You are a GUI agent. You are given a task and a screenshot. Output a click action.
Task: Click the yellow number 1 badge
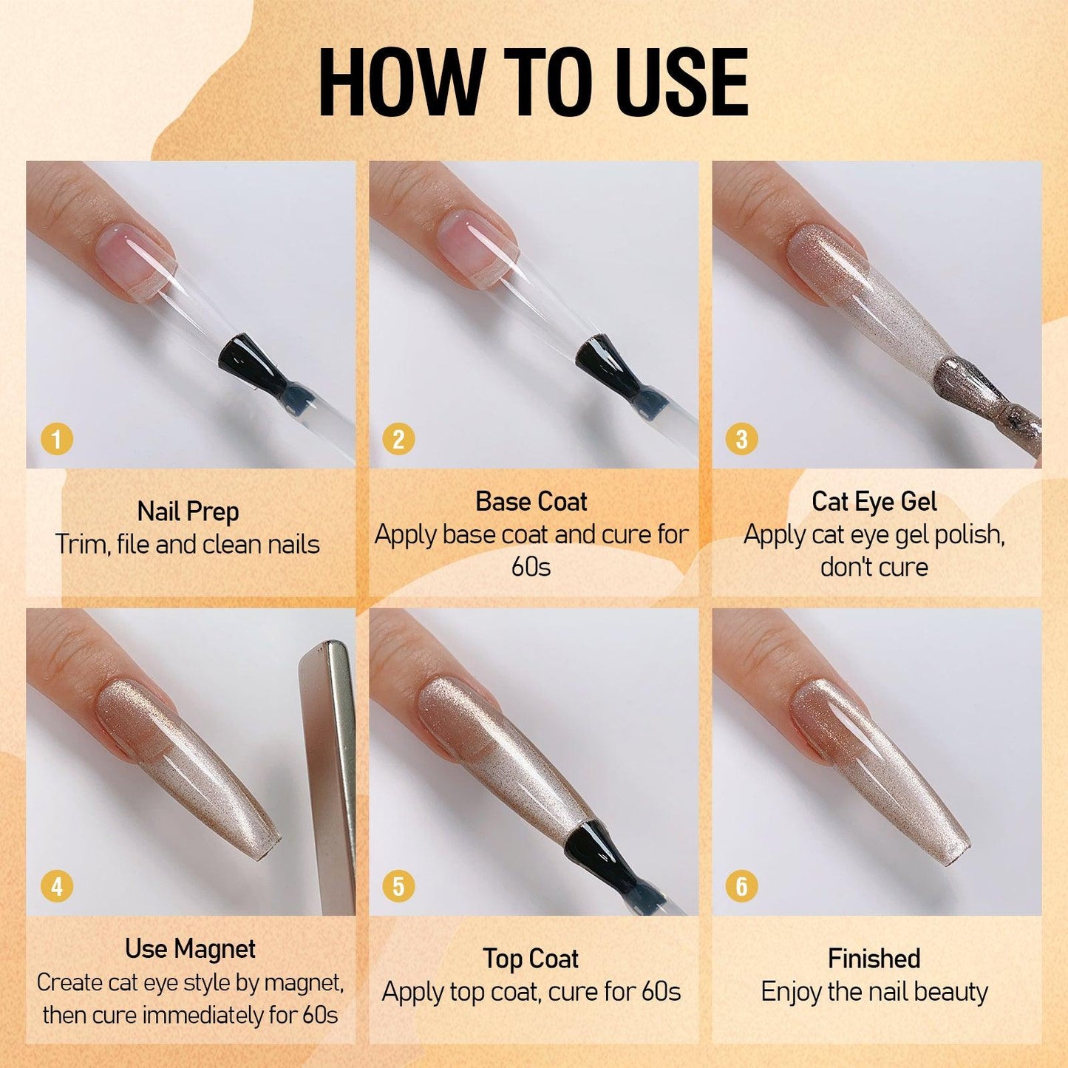tap(56, 440)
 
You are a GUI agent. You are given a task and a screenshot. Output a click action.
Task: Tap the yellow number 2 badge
tap(398, 440)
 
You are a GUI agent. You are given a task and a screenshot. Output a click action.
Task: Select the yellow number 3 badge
tap(741, 440)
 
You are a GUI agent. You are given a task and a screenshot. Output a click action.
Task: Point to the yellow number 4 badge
tap(56, 887)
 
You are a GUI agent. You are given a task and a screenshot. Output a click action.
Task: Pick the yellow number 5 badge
tap(398, 887)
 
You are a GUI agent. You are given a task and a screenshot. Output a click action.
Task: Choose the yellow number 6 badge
tap(741, 887)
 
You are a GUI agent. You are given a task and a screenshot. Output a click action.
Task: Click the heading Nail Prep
tap(188, 511)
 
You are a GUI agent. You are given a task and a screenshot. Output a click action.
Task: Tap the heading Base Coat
tap(531, 501)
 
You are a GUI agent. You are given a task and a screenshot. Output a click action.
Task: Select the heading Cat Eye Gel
tap(874, 502)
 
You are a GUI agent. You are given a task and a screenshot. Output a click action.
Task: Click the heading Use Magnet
tap(190, 948)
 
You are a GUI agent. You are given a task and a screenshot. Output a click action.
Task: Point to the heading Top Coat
tap(531, 959)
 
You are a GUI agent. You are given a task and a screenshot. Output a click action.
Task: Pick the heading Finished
tap(874, 959)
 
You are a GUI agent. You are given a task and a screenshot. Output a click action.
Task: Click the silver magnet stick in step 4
tap(327, 776)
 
